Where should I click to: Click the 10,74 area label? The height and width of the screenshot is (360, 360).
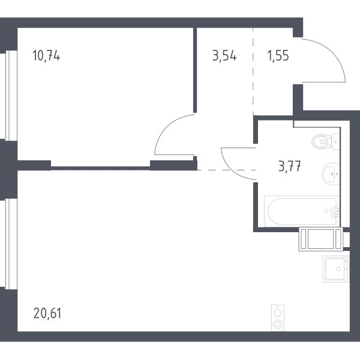click(x=46, y=56)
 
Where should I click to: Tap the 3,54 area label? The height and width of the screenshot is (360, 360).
click(x=224, y=56)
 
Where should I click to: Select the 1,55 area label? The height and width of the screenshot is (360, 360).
click(x=278, y=56)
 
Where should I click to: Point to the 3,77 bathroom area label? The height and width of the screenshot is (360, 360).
click(x=289, y=166)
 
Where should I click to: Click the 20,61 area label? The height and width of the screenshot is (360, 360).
click(x=47, y=313)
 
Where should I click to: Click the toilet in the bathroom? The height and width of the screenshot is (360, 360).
click(x=326, y=142)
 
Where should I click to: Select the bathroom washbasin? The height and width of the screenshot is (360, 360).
click(x=331, y=174)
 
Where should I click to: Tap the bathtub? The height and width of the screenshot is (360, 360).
click(x=302, y=211)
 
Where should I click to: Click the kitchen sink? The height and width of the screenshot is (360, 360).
click(x=336, y=269)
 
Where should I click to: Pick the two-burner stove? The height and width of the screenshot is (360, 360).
click(x=278, y=318)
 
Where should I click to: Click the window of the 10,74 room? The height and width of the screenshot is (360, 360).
click(x=8, y=95)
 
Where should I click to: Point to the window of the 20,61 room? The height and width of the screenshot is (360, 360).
click(x=8, y=244)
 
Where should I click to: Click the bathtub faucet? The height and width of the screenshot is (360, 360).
click(x=334, y=212)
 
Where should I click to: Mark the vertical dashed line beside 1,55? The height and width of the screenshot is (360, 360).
click(x=253, y=71)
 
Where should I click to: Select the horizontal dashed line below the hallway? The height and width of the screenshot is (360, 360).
click(x=227, y=170)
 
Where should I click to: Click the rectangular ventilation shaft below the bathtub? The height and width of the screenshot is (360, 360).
click(x=321, y=239)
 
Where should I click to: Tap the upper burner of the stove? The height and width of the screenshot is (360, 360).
click(x=278, y=313)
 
